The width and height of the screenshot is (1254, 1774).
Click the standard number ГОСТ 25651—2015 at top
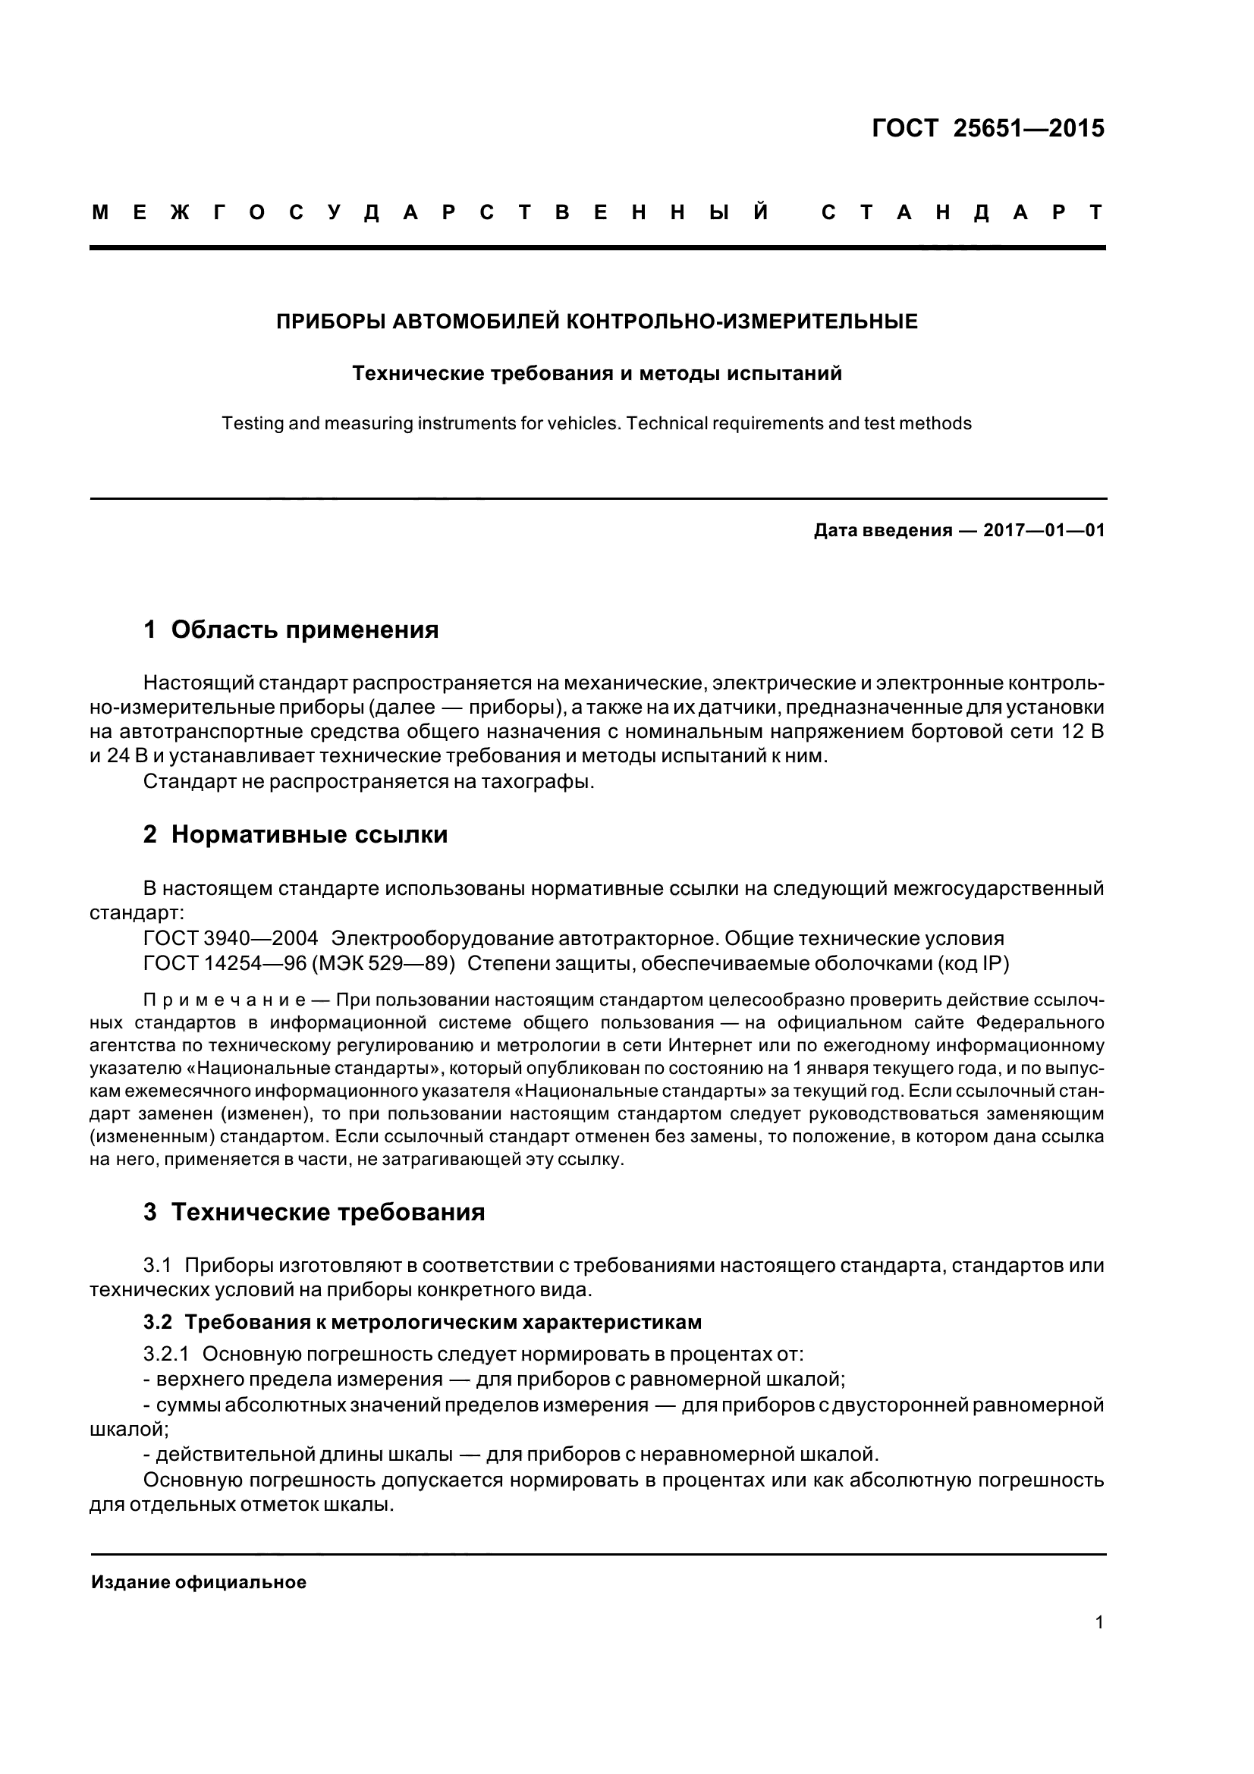click(988, 128)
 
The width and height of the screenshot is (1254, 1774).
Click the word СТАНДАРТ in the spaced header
click(962, 212)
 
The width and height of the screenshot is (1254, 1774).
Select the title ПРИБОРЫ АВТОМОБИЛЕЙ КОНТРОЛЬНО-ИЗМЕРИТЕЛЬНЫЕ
click(596, 322)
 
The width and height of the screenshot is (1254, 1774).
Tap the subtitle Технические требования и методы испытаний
click(596, 374)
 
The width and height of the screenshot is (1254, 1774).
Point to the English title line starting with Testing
click(596, 423)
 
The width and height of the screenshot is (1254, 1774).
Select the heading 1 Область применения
click(291, 630)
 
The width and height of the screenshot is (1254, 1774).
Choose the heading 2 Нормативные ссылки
click(295, 834)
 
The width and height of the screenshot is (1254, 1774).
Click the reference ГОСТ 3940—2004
click(231, 938)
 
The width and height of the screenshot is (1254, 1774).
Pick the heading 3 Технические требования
click(314, 1212)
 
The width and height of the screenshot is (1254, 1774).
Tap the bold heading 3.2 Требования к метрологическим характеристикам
click(422, 1322)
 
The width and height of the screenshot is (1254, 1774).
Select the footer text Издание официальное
click(199, 1582)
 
